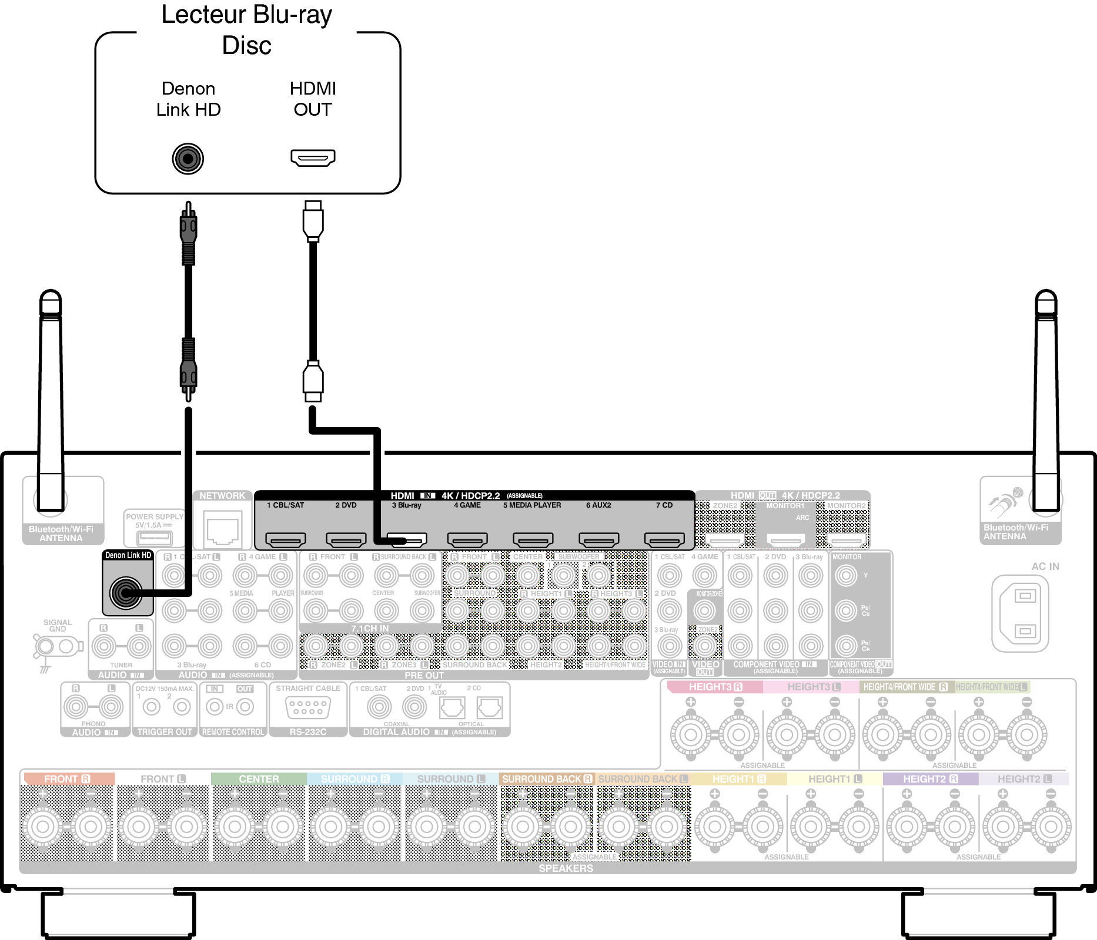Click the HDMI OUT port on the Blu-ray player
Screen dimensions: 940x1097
click(313, 157)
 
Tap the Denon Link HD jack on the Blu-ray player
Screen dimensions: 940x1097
click(188, 159)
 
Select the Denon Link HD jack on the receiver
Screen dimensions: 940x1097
click(126, 593)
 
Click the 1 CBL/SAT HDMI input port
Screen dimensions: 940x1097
click(286, 539)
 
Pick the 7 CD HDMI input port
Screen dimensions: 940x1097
click(664, 539)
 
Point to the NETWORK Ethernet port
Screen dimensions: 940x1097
click(223, 529)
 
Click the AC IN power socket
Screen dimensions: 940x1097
click(1020, 613)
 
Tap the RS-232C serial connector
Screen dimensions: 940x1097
click(307, 707)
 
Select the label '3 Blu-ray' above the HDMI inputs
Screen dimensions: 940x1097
click(407, 505)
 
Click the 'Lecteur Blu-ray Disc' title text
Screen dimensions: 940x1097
click(247, 29)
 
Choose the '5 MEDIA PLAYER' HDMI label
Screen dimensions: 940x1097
click(532, 505)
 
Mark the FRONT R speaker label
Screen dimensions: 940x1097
click(68, 779)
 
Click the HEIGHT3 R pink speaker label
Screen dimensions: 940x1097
click(715, 687)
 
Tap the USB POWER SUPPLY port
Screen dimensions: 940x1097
click(154, 537)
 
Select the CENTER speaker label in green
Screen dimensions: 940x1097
click(259, 779)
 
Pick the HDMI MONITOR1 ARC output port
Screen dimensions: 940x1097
click(786, 539)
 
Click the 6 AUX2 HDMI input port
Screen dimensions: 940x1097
click(598, 539)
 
